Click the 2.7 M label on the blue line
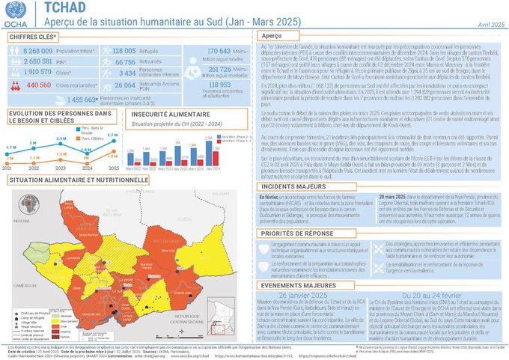tap(112, 135)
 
